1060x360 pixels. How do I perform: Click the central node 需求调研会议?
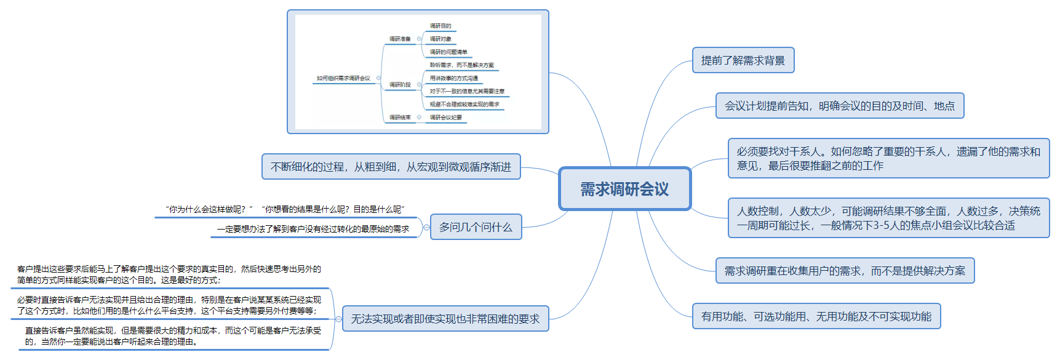(624, 189)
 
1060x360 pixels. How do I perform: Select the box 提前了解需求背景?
(743, 60)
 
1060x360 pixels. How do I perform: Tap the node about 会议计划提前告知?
(839, 106)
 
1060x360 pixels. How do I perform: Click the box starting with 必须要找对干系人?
(888, 158)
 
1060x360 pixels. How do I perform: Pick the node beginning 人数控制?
(888, 218)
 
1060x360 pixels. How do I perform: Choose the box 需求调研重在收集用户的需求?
(845, 271)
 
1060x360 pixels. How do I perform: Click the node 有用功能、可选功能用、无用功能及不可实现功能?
(816, 316)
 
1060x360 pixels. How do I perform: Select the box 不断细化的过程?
(391, 167)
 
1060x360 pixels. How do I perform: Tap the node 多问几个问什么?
(476, 227)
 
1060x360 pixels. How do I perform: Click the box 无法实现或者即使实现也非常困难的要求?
(445, 319)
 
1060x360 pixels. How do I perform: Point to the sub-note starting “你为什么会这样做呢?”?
(285, 210)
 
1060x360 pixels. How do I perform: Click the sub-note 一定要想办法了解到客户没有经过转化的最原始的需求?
(313, 229)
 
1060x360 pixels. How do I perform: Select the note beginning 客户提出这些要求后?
(169, 274)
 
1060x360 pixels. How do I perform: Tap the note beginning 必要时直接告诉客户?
(169, 305)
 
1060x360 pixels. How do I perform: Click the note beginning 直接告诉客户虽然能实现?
(173, 336)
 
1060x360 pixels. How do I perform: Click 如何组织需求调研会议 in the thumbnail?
(343, 78)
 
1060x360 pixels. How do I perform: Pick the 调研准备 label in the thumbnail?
(400, 39)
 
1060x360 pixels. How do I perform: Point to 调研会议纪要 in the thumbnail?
(446, 118)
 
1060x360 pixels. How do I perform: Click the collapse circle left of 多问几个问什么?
(426, 227)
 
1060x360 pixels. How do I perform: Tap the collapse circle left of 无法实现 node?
(338, 319)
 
